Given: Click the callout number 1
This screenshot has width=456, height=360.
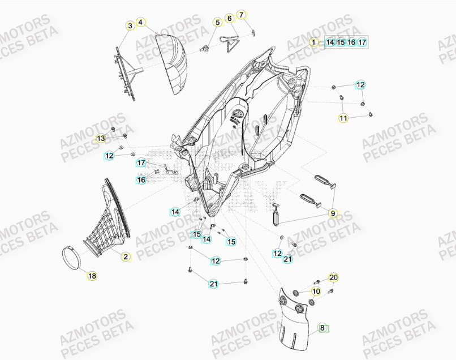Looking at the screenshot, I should pyautogui.click(x=313, y=42).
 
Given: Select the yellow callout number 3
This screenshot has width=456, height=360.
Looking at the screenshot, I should pyautogui.click(x=130, y=25).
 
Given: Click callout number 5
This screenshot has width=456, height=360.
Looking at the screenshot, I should pyautogui.click(x=217, y=23).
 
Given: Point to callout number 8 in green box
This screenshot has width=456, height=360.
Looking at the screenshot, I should pyautogui.click(x=323, y=328).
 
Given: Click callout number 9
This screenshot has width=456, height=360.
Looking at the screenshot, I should pyautogui.click(x=333, y=213).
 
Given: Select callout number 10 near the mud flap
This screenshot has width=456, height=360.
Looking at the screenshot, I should pyautogui.click(x=316, y=292).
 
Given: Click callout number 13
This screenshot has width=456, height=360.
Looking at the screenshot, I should pyautogui.click(x=100, y=139).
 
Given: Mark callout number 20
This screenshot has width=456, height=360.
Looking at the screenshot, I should pyautogui.click(x=333, y=277).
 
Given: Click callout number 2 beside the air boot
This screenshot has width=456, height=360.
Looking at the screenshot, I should pyautogui.click(x=126, y=256).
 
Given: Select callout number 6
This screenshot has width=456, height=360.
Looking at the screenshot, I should pyautogui.click(x=230, y=19).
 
